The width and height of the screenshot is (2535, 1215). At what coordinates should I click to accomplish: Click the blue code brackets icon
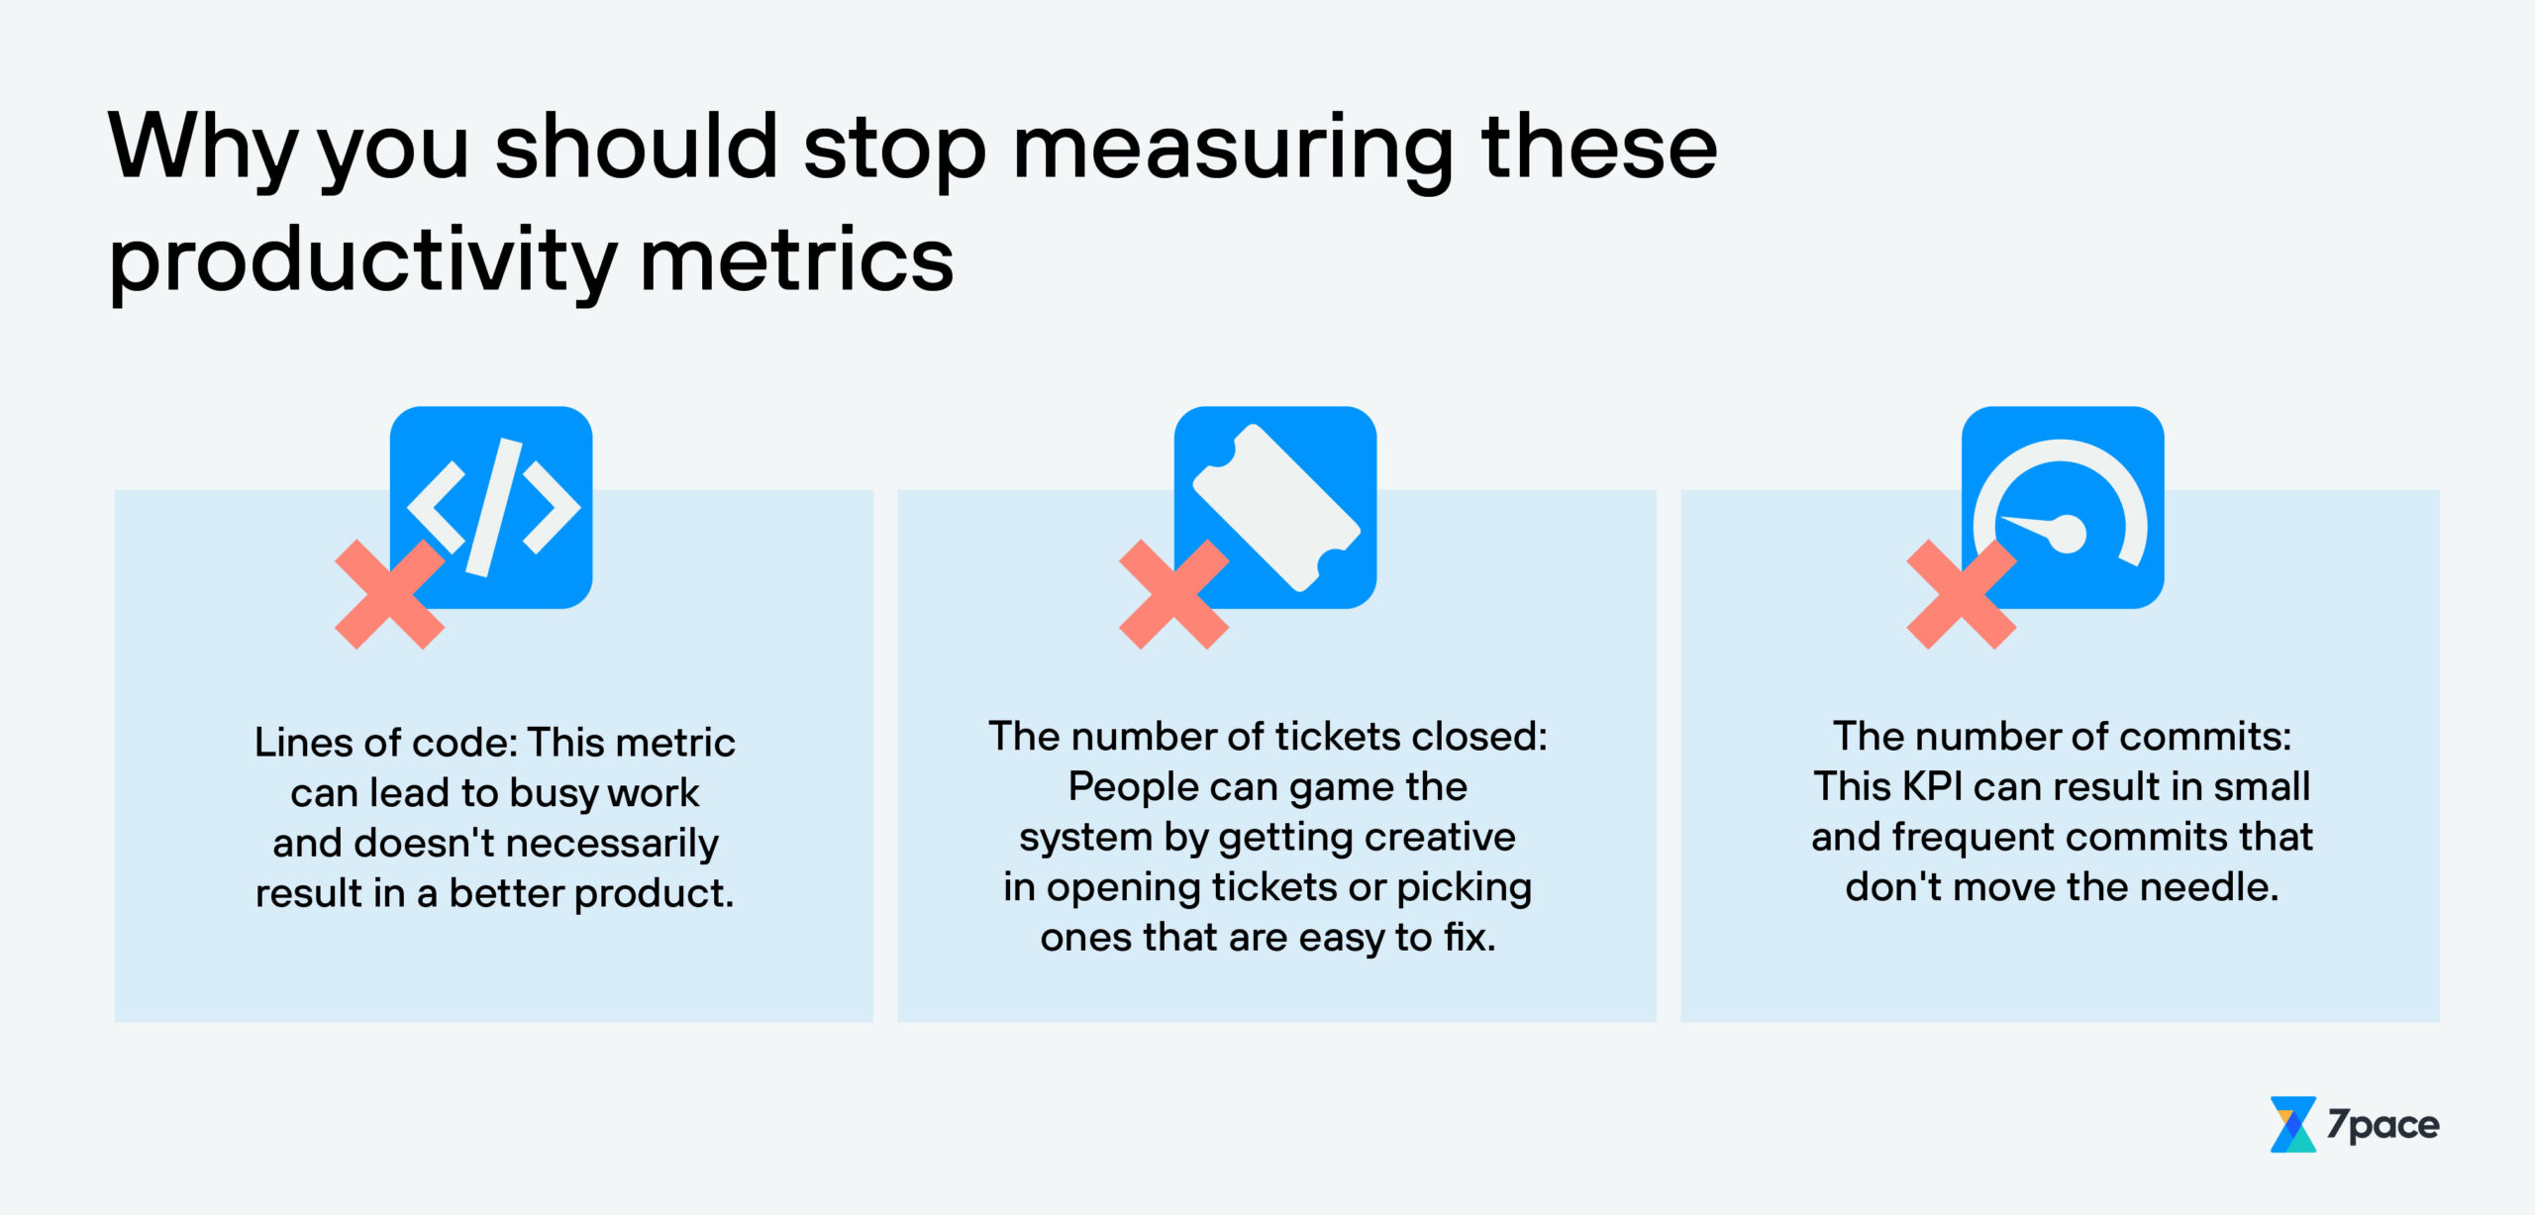tap(491, 506)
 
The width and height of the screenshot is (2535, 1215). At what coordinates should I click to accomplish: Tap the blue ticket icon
tap(1275, 506)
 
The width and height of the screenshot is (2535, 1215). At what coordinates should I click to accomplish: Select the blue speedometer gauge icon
tap(2063, 506)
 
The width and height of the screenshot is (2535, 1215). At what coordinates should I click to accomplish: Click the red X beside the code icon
tap(389, 594)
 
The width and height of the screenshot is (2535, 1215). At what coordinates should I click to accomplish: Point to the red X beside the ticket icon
tap(1173, 594)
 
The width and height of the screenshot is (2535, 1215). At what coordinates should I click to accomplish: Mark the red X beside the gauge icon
tap(1961, 594)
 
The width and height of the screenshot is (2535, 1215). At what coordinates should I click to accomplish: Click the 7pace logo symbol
tap(2291, 1124)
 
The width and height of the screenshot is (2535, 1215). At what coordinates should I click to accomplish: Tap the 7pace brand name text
tap(2383, 1125)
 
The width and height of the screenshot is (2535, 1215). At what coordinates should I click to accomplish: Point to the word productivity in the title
tap(362, 261)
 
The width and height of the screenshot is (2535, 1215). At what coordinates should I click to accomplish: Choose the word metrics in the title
tap(797, 261)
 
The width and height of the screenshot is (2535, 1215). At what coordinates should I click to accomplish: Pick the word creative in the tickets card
tap(1441, 837)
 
